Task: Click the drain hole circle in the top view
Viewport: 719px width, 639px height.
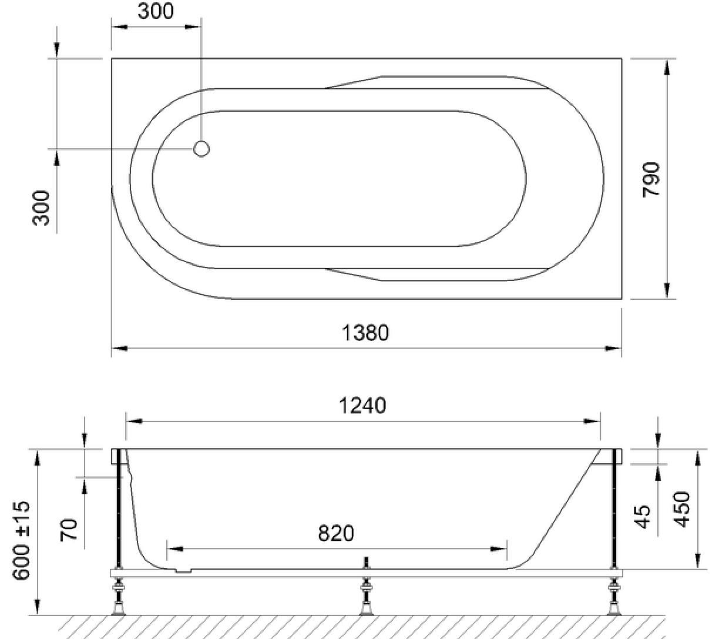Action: pos(201,149)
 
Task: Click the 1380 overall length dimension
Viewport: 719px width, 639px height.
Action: pos(365,333)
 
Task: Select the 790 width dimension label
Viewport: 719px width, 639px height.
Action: pos(651,179)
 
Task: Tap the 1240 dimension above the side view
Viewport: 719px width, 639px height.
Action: pos(362,405)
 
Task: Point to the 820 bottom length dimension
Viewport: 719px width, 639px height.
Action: pos(336,533)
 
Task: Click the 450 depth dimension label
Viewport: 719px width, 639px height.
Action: pos(682,509)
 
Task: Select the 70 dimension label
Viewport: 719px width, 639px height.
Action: pos(69,530)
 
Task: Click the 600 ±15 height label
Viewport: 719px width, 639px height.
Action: pos(21,540)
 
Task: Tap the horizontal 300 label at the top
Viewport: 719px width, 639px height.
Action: pos(156,11)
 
